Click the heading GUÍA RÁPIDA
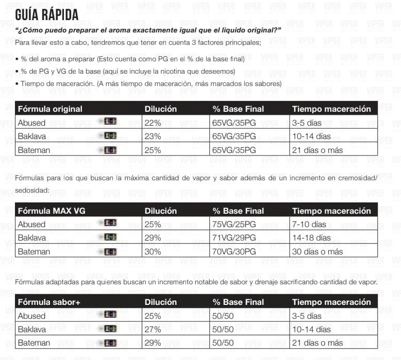[47, 14]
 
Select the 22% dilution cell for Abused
[153, 123]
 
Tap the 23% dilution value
[153, 136]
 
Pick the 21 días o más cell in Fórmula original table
[318, 150]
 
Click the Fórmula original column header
[50, 109]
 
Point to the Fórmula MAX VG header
[50, 211]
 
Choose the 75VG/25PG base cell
[234, 225]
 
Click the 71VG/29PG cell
[234, 238]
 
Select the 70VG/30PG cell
[234, 252]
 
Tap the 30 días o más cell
[318, 252]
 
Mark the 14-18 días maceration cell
[311, 238]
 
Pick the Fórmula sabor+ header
[49, 302]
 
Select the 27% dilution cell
[153, 329]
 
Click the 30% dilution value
[153, 252]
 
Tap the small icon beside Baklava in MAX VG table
[110, 237]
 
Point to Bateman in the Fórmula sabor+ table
[34, 343]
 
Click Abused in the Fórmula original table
[32, 123]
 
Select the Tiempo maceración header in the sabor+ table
[331, 302]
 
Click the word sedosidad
[32, 190]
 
